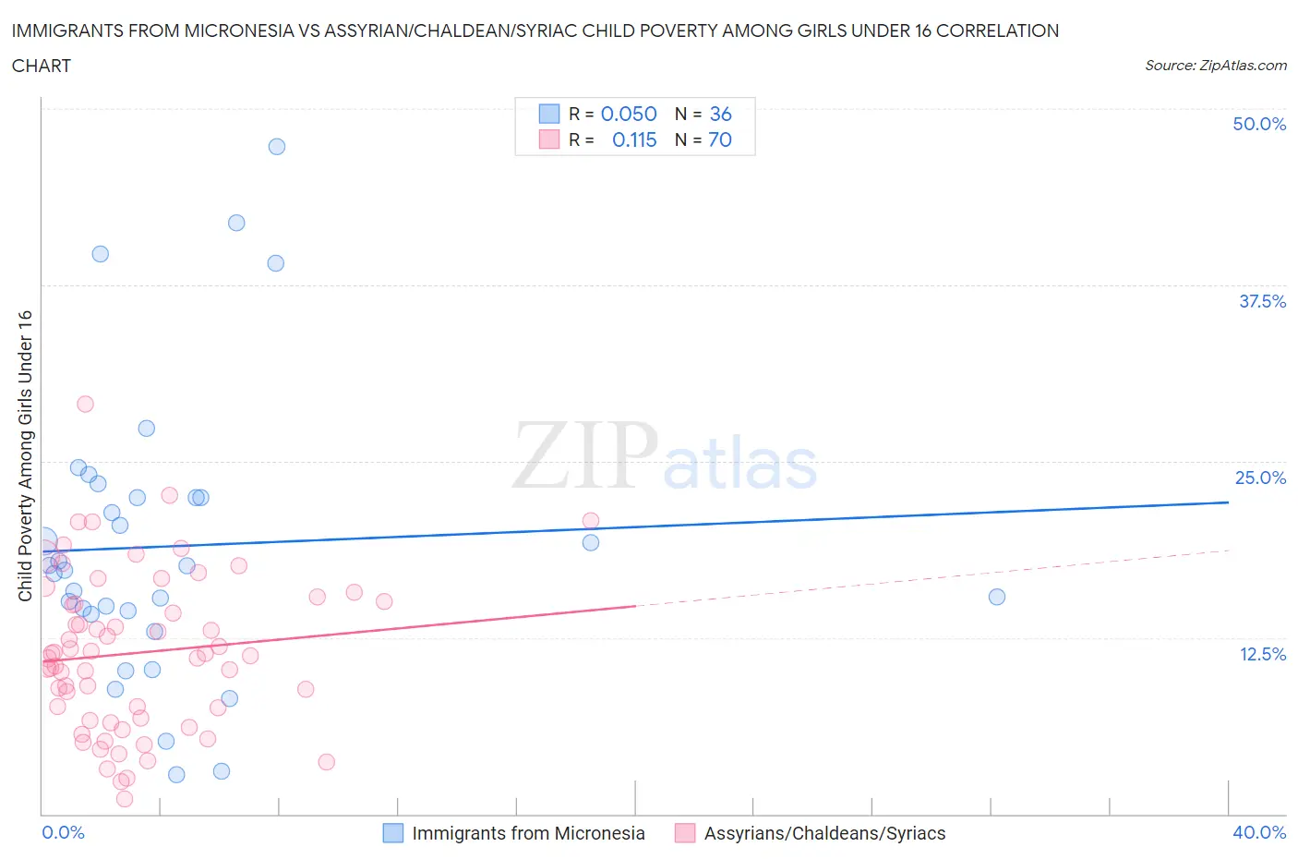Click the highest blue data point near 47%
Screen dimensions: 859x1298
[x=277, y=147]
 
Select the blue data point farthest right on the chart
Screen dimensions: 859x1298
[x=997, y=597]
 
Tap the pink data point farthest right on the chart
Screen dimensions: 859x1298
[x=591, y=521]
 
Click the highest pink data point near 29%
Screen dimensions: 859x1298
[x=85, y=404]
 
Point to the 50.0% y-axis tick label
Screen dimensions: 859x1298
[x=1259, y=124]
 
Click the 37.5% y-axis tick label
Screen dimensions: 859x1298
[x=1262, y=301]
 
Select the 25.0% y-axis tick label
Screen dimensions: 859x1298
[x=1260, y=478]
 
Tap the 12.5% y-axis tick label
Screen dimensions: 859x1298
[x=1262, y=654]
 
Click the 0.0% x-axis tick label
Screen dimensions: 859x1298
[x=64, y=832]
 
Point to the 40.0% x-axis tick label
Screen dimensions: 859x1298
[x=1259, y=832]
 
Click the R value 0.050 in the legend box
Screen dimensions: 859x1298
[x=629, y=114]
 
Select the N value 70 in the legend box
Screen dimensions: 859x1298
[x=720, y=139]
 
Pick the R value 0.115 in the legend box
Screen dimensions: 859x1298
[x=634, y=139]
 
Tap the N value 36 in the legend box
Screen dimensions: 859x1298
[x=720, y=114]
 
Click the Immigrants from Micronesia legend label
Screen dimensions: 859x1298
[x=528, y=833]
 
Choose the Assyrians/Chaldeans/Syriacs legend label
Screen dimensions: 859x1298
[x=824, y=833]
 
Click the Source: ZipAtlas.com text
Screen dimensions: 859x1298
[x=1215, y=66]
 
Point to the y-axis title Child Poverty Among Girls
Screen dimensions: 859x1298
[x=26, y=455]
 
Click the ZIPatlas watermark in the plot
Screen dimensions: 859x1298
[x=665, y=454]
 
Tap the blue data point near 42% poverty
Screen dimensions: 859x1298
[x=236, y=223]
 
